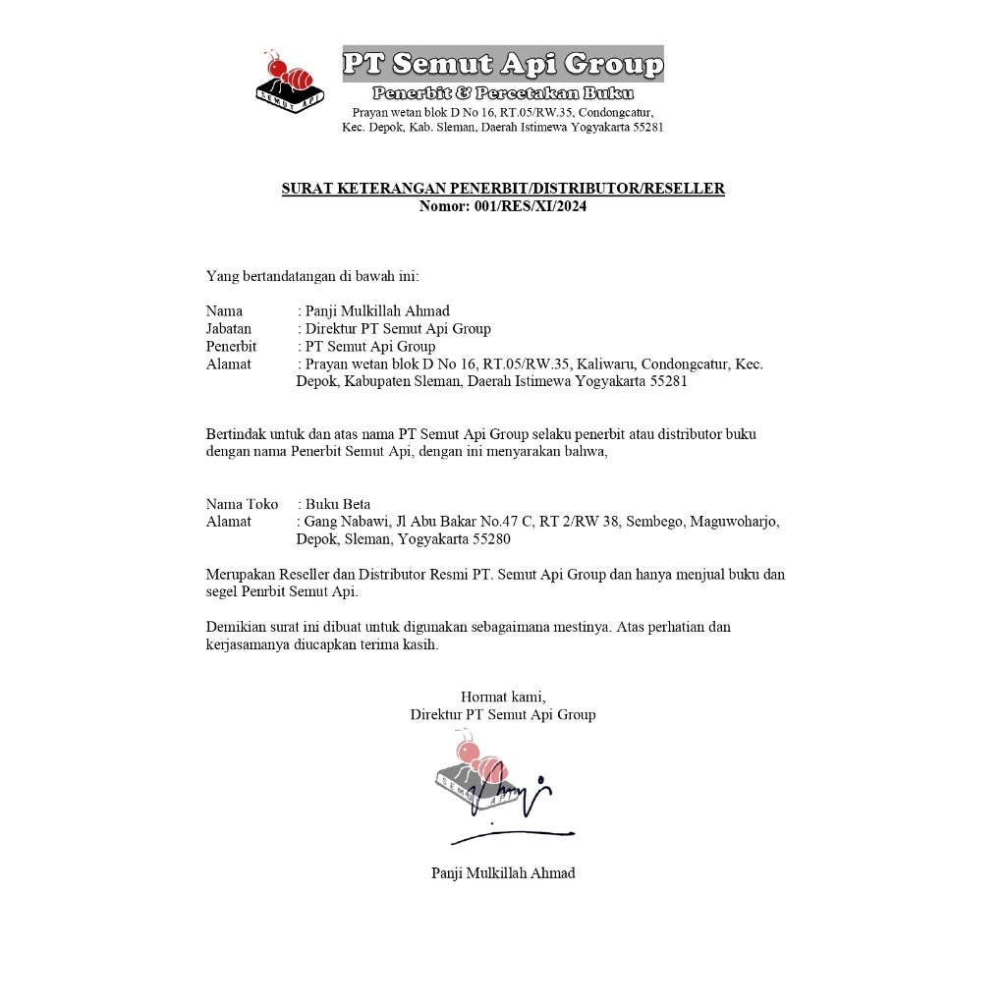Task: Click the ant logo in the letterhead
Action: click(291, 82)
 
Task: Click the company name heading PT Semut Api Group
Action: click(502, 65)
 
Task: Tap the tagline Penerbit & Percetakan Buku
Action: click(502, 93)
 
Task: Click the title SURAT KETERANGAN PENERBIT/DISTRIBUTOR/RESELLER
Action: click(503, 189)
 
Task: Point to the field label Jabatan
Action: click(229, 329)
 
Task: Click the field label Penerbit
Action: click(231, 347)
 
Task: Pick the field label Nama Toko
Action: click(242, 504)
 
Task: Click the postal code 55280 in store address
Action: click(491, 539)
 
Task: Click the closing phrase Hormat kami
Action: click(502, 698)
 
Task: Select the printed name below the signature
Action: click(503, 873)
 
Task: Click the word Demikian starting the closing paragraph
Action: click(237, 627)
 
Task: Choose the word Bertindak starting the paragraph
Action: click(236, 434)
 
